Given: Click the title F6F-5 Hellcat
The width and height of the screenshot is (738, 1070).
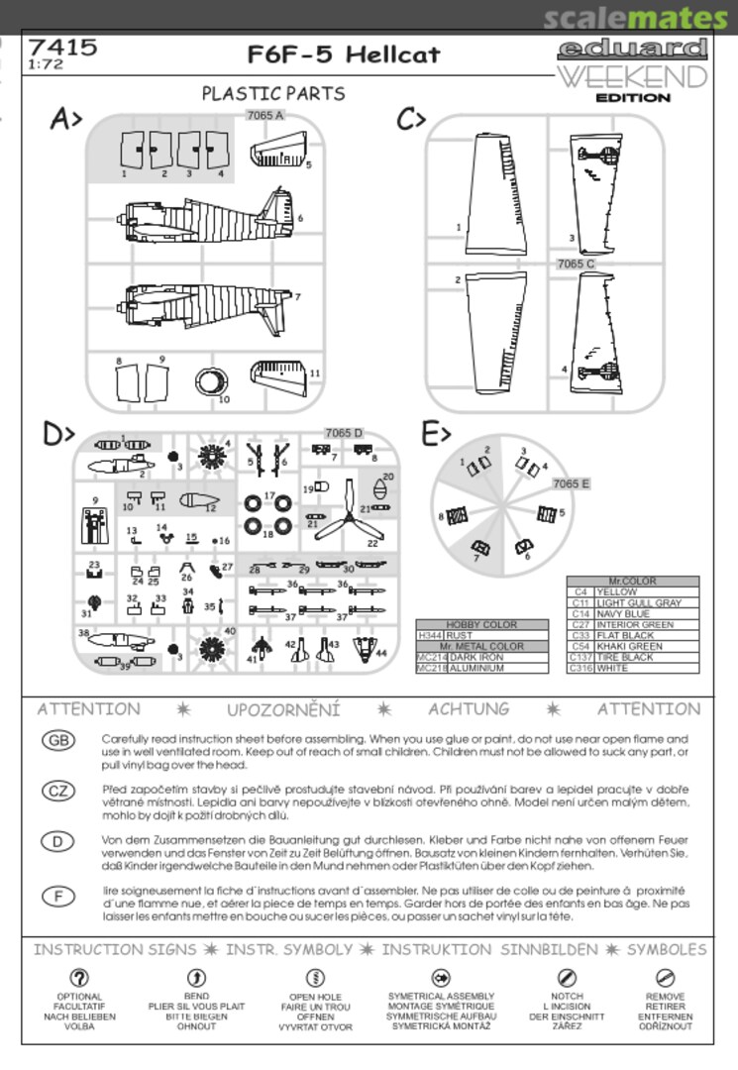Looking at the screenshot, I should click(x=344, y=54).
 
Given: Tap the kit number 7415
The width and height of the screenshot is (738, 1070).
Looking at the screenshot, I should click(x=62, y=46).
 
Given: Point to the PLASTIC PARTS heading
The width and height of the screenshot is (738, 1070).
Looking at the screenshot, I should click(x=273, y=93).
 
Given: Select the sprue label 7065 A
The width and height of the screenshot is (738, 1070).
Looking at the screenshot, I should click(x=265, y=116).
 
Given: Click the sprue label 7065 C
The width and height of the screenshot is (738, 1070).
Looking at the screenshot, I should click(x=576, y=264).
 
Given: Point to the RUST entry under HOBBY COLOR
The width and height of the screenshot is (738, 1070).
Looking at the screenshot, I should click(x=462, y=636).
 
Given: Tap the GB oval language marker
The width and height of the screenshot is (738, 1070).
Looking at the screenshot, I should click(x=59, y=740).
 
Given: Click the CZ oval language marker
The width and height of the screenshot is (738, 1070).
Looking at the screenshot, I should click(x=59, y=790).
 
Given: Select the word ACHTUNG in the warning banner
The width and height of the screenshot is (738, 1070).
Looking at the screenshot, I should click(x=469, y=709).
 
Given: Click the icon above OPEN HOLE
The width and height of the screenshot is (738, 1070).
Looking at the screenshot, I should click(x=315, y=978).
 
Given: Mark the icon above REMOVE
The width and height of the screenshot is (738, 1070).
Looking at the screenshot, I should click(x=666, y=978).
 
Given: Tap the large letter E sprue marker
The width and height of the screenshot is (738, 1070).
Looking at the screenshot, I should click(x=437, y=433).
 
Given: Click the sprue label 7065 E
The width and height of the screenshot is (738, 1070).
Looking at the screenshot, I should click(x=573, y=483).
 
